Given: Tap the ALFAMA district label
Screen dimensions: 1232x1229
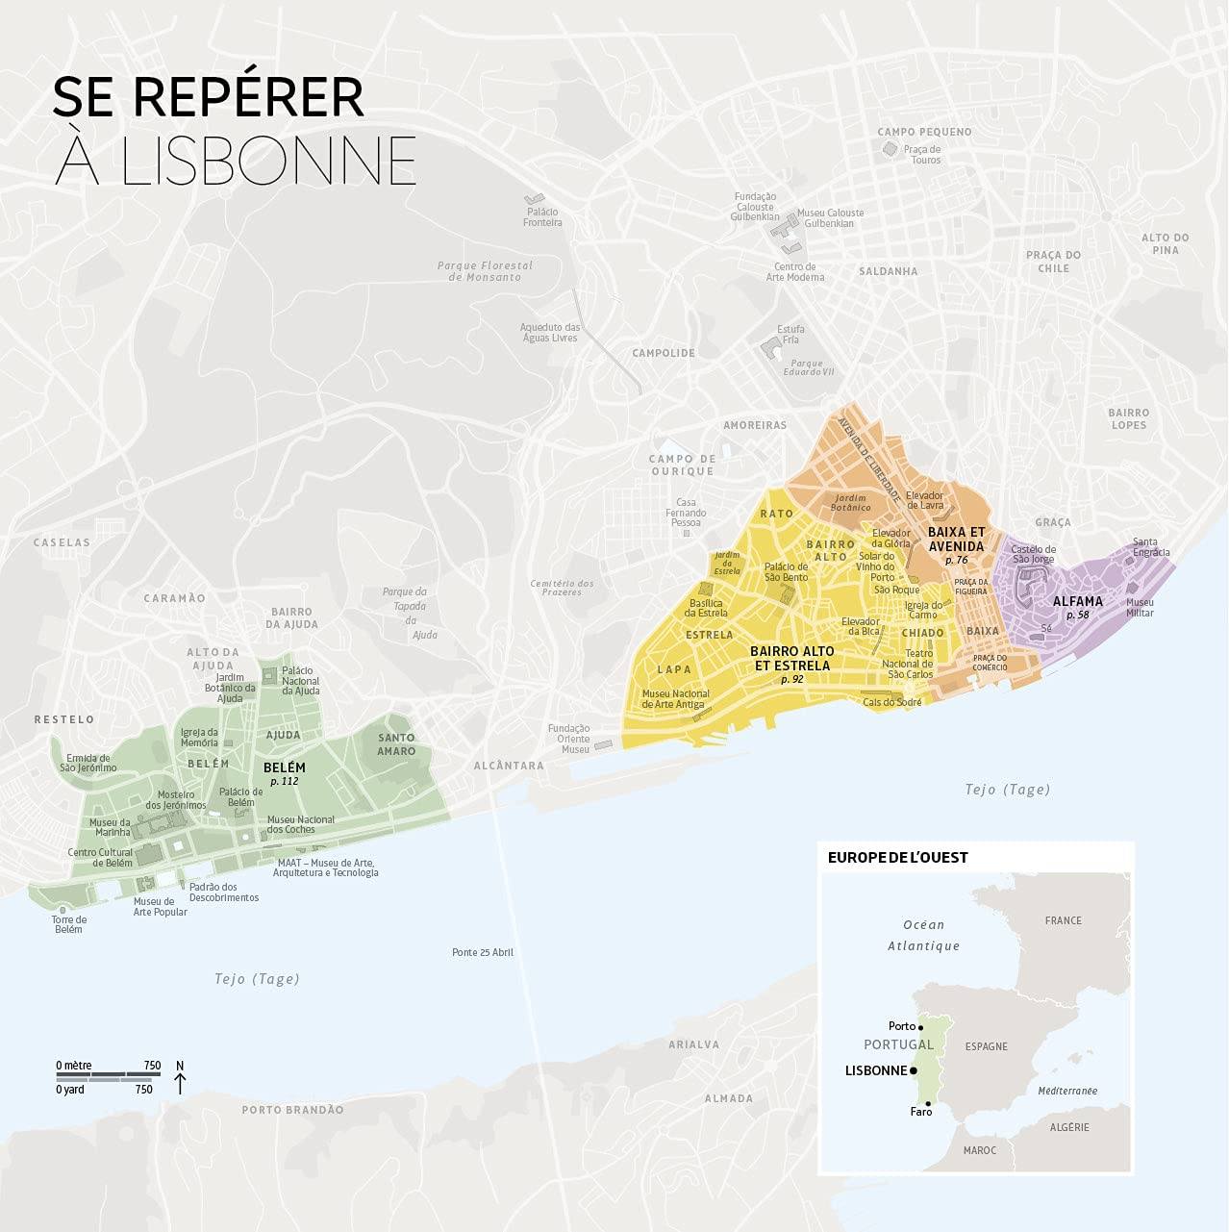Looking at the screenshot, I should tap(1077, 602).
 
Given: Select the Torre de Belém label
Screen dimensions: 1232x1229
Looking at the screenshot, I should tap(68, 924).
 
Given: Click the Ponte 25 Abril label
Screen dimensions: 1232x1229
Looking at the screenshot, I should tap(483, 952).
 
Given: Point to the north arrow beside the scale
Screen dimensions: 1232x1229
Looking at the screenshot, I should tap(180, 1080).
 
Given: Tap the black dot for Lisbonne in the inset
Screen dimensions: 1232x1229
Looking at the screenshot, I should tap(914, 1070).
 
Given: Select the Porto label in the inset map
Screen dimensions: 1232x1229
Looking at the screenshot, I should tap(901, 1026).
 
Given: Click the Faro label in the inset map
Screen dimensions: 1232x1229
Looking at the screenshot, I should tap(920, 1112).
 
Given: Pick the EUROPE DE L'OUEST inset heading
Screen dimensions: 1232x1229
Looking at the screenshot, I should tap(897, 857).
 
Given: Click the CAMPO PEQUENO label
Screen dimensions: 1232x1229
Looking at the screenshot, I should tap(924, 132).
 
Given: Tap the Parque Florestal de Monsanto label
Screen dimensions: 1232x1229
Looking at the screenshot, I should tap(485, 271).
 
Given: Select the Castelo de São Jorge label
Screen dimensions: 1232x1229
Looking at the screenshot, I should tap(1033, 554).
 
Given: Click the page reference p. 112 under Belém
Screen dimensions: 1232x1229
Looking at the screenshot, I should tap(284, 781).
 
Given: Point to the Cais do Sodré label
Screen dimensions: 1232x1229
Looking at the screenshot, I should tap(891, 702).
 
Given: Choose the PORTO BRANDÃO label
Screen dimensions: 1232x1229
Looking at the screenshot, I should tap(292, 1110).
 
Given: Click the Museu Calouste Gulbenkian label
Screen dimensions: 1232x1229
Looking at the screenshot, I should tap(830, 218).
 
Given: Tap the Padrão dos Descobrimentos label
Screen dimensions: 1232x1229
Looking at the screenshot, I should tap(224, 893).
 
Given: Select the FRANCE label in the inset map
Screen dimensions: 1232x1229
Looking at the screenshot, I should tap(1063, 920).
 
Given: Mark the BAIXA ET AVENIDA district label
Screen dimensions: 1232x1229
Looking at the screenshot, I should tap(956, 539).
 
